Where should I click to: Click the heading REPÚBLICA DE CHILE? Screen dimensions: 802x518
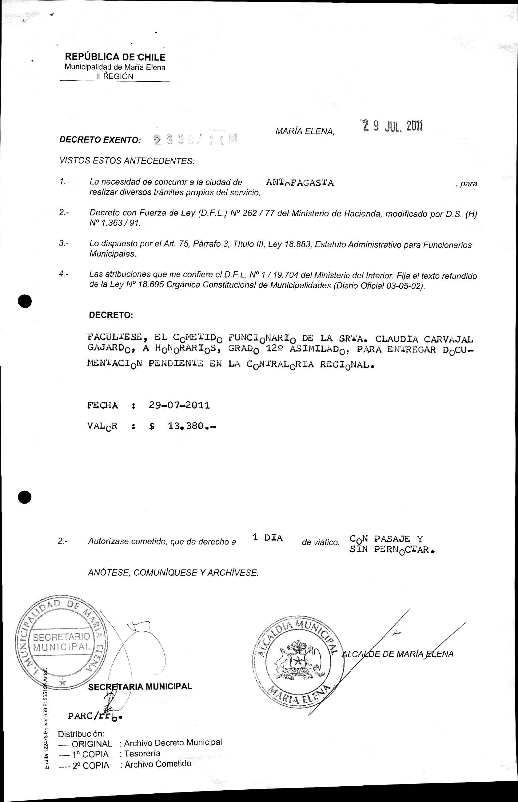(x=115, y=57)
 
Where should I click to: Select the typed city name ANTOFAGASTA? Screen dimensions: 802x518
(x=300, y=183)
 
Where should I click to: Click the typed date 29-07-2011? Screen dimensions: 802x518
(x=179, y=405)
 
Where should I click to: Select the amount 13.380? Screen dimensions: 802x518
(x=186, y=426)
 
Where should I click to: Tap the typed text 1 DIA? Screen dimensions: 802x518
(x=267, y=538)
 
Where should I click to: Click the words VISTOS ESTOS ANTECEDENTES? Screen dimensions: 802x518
(x=127, y=161)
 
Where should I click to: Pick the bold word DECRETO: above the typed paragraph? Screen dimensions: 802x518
(x=111, y=315)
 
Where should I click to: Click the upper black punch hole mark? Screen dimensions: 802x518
(x=25, y=301)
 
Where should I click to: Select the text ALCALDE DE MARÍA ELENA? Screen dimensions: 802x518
(x=398, y=654)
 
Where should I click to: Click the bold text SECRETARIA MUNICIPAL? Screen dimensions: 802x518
(x=140, y=687)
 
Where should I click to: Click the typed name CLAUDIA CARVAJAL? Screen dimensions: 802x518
(x=424, y=339)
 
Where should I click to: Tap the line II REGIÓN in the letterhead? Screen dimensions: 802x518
(x=115, y=76)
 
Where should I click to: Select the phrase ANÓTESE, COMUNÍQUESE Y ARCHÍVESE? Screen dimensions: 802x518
(x=173, y=572)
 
